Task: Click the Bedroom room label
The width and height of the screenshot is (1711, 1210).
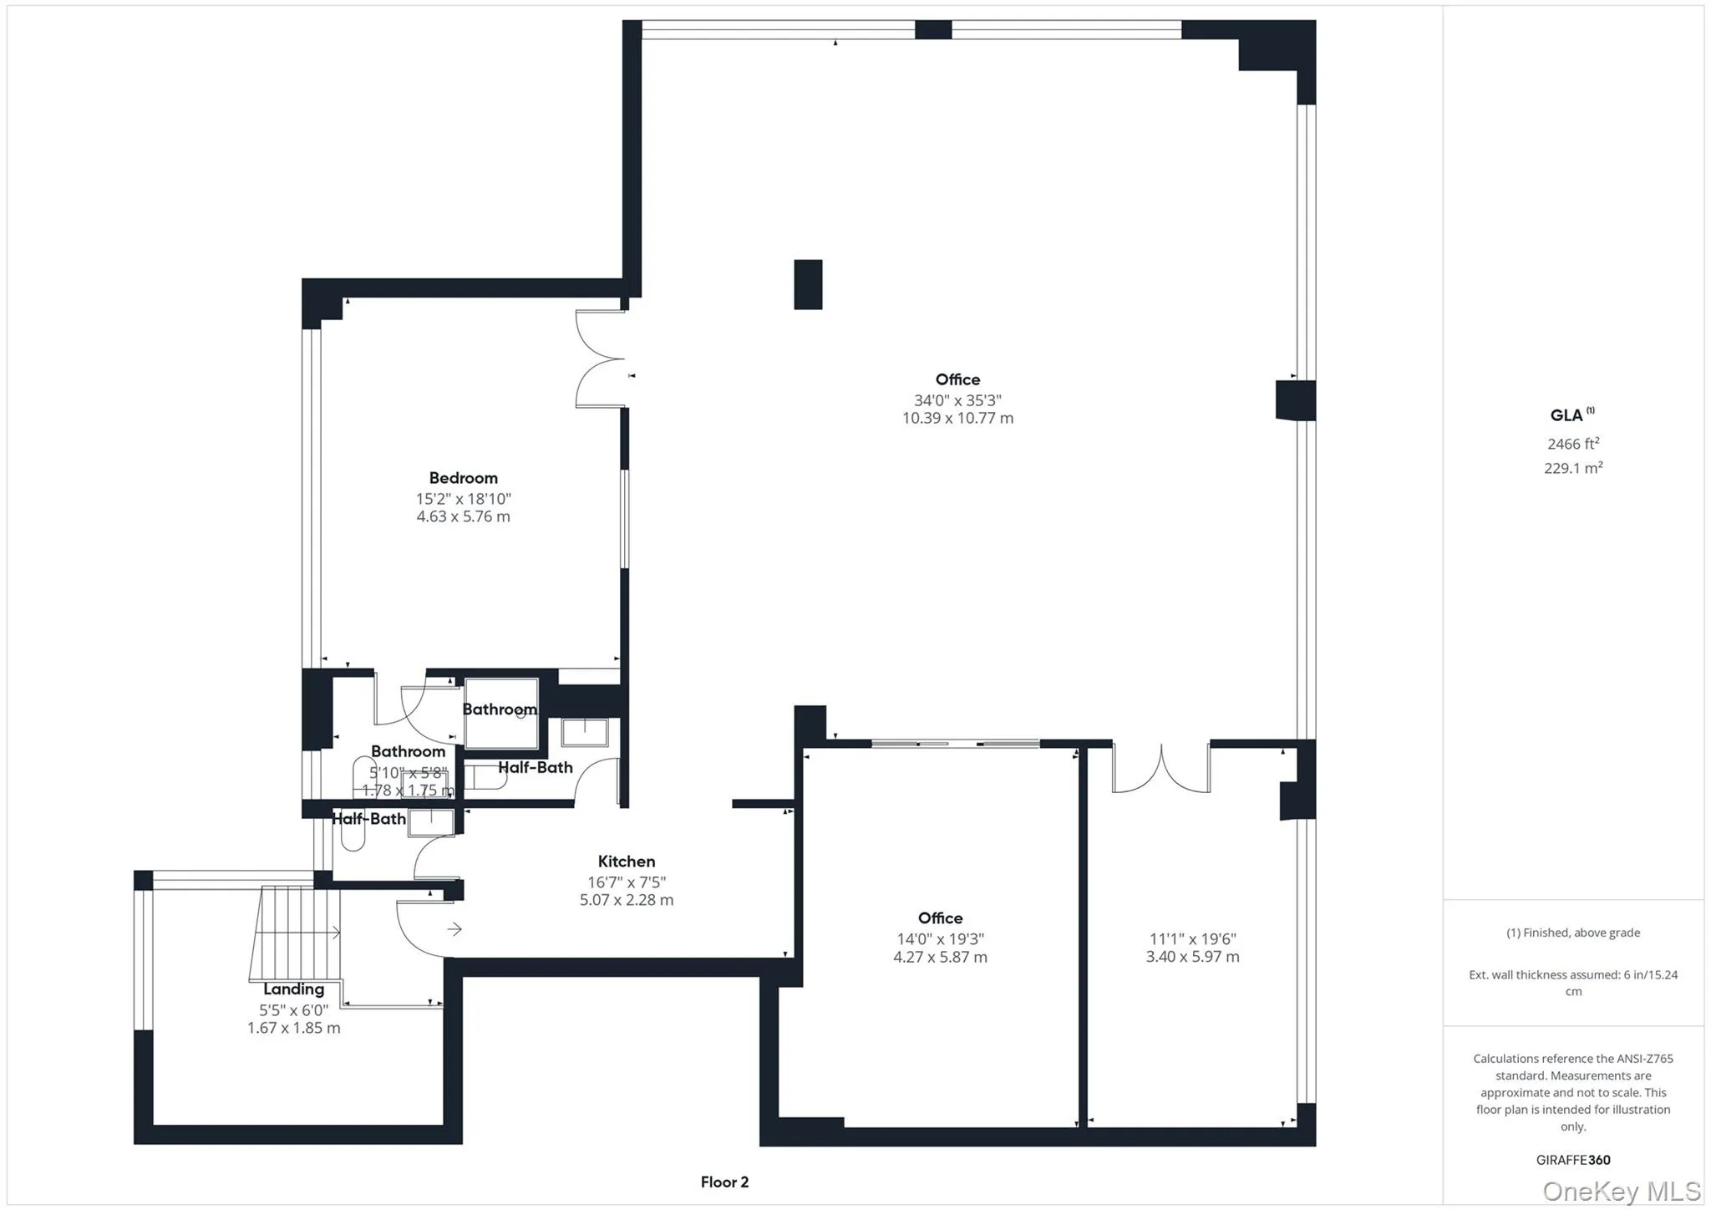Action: tap(463, 478)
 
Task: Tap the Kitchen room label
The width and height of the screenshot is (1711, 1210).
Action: tap(626, 862)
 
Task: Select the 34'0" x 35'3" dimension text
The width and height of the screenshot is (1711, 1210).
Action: tap(957, 400)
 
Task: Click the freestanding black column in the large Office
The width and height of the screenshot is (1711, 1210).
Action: tap(807, 285)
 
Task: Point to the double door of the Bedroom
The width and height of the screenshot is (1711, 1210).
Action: tap(600, 358)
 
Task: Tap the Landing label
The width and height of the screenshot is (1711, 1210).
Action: tap(293, 989)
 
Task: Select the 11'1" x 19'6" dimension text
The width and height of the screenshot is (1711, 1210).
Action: tap(1192, 938)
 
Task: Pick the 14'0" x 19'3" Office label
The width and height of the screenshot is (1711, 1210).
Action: tap(940, 918)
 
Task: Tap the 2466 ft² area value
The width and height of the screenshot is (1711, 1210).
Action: tap(1572, 444)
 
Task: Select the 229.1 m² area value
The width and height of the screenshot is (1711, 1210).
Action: tap(1572, 468)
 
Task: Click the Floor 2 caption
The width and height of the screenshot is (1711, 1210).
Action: tap(724, 1182)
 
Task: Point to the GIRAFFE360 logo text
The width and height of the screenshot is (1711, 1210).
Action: tap(1572, 1160)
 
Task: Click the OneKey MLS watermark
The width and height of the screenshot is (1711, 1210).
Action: tap(1621, 1190)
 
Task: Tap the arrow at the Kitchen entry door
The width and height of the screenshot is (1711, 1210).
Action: tap(454, 929)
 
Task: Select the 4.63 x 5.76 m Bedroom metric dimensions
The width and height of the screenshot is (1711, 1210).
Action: tap(463, 516)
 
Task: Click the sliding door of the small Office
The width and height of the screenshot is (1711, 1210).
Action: tap(955, 744)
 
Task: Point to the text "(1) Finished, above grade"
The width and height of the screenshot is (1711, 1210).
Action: tap(1572, 933)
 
